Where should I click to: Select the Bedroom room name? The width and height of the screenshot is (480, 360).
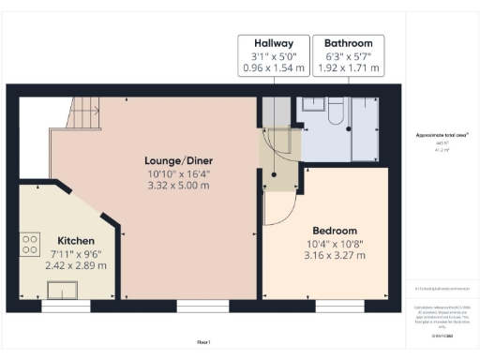click(x=334, y=231)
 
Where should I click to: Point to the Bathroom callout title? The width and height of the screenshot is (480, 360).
click(x=348, y=43)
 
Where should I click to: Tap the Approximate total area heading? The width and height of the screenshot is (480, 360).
click(x=442, y=135)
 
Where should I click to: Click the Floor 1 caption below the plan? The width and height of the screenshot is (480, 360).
click(x=203, y=342)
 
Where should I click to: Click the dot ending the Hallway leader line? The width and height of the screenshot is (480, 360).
click(x=273, y=176)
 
